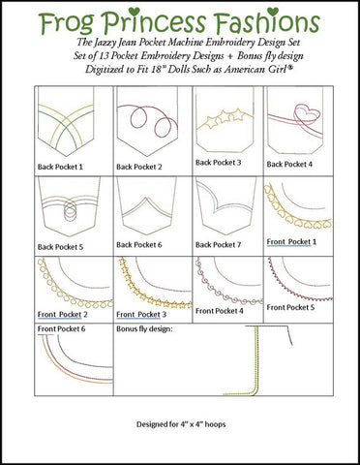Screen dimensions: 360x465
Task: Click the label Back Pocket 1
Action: coord(60,167)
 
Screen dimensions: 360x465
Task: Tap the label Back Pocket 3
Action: coord(218,163)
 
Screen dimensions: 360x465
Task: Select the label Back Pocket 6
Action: coord(139,245)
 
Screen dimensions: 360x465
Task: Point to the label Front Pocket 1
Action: coord(291,242)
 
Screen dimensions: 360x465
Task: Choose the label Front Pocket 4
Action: coord(220,311)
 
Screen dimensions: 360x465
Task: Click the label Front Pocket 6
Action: coord(61,328)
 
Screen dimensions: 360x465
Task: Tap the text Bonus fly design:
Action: coord(144,328)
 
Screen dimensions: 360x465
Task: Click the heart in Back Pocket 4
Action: coord(307,114)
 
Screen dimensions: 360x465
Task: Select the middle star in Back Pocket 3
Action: coord(225,117)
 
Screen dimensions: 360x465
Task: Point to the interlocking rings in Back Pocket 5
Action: coord(71,209)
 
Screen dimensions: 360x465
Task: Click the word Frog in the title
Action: coord(67,22)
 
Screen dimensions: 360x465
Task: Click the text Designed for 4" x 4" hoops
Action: coord(181,424)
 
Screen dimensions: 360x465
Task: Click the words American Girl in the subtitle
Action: coord(257,69)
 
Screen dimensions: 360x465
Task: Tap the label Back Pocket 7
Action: coord(218,245)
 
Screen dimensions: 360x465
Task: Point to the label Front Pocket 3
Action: coord(141,314)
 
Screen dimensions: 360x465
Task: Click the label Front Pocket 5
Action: coord(290,307)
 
